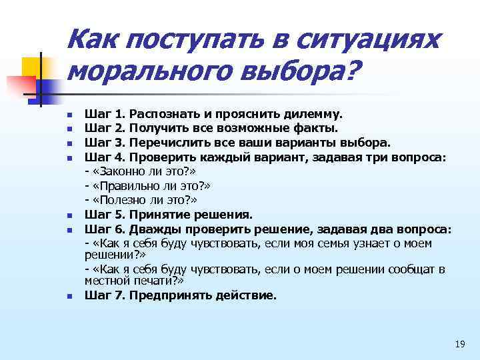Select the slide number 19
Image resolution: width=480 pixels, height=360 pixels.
tap(459, 344)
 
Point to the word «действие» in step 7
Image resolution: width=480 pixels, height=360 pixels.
tap(245, 295)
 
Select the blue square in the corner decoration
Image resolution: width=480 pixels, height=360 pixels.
tap(50, 85)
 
